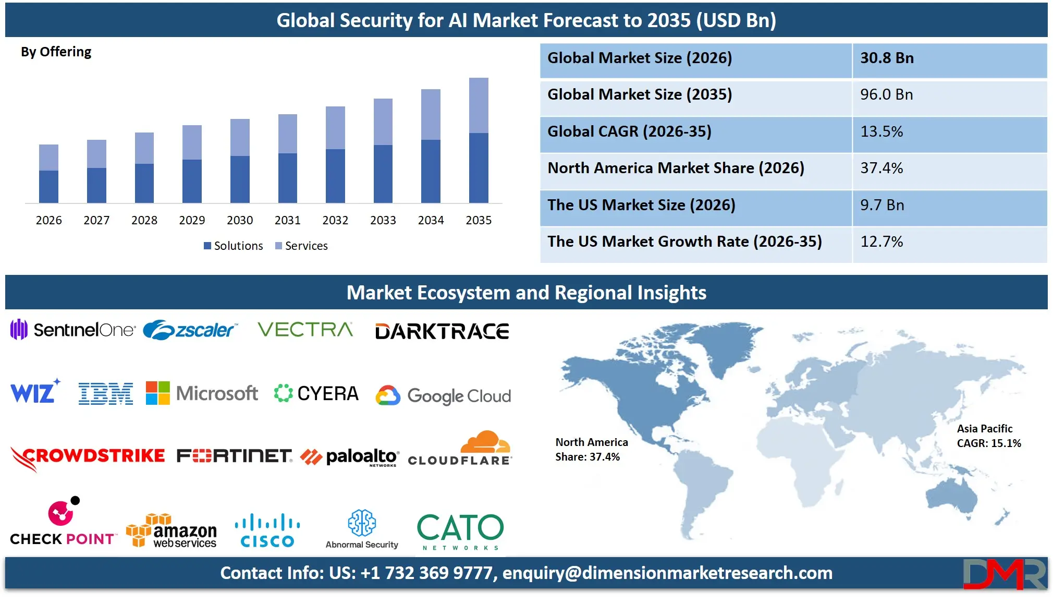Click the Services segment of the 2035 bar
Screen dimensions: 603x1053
(479, 105)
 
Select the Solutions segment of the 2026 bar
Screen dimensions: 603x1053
(48, 186)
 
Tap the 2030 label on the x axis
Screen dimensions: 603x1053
(240, 220)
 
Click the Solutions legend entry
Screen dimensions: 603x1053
(233, 246)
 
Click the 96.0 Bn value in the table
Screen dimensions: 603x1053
(886, 94)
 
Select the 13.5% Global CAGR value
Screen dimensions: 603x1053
(881, 131)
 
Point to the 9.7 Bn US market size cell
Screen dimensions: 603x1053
(882, 205)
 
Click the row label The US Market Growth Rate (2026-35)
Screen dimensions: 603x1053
(684, 242)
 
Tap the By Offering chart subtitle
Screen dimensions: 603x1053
(56, 52)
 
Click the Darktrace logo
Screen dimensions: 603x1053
(442, 331)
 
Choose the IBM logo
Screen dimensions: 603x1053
(105, 394)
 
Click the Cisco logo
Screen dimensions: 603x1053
(267, 530)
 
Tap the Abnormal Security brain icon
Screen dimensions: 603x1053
(362, 523)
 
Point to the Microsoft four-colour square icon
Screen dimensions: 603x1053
(157, 393)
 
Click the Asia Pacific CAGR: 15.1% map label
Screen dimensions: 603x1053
(988, 436)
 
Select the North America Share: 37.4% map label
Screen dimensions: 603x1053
(591, 450)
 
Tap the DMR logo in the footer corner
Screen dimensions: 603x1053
(1004, 574)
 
